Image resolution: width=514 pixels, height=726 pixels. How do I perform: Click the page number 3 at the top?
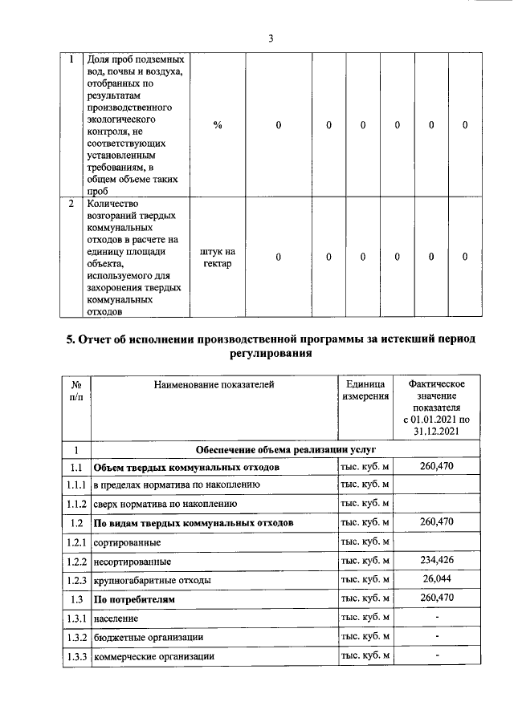click(x=271, y=39)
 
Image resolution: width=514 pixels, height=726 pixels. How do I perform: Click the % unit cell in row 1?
click(x=218, y=125)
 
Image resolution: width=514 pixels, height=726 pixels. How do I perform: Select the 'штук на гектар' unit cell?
click(x=218, y=257)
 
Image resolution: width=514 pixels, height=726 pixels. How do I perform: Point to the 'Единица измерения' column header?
click(x=365, y=390)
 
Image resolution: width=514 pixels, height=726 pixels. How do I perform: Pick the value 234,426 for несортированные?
click(x=436, y=561)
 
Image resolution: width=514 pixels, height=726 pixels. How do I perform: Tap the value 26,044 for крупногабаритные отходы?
click(x=436, y=579)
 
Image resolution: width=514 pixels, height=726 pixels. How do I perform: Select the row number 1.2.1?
click(x=76, y=543)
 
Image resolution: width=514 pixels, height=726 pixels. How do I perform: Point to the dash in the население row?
click(x=436, y=618)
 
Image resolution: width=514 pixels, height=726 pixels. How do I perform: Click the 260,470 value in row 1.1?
click(x=436, y=467)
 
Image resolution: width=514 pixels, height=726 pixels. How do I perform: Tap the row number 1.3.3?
click(x=76, y=655)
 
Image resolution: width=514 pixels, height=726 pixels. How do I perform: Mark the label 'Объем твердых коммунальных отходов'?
click(x=186, y=467)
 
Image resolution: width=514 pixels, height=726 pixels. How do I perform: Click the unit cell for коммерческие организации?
click(x=365, y=655)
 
